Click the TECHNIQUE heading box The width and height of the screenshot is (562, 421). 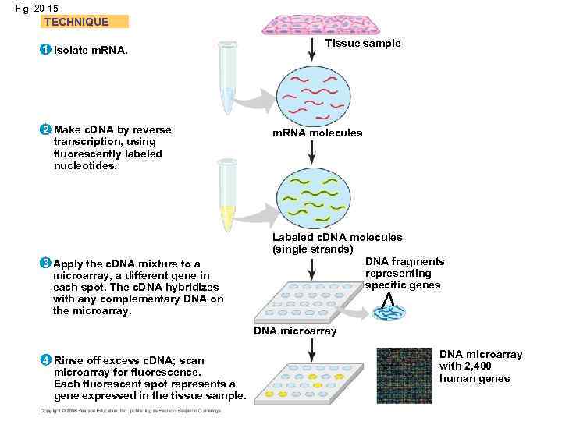pos(84,22)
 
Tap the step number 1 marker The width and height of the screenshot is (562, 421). pos(46,50)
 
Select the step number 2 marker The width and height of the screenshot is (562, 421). pos(46,129)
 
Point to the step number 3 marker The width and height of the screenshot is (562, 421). pos(46,264)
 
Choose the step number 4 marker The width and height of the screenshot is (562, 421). pos(46,360)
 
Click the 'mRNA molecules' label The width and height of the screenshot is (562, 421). pos(317,133)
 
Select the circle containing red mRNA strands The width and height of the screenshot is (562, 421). pos(312,92)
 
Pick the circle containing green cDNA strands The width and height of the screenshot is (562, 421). pos(312,197)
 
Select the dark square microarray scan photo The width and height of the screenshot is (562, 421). pos(404,376)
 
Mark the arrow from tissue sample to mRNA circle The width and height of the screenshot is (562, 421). pos(312,48)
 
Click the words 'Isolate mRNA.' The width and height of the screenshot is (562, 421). pos(91,51)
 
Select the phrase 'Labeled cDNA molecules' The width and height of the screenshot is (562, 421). pos(337,237)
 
